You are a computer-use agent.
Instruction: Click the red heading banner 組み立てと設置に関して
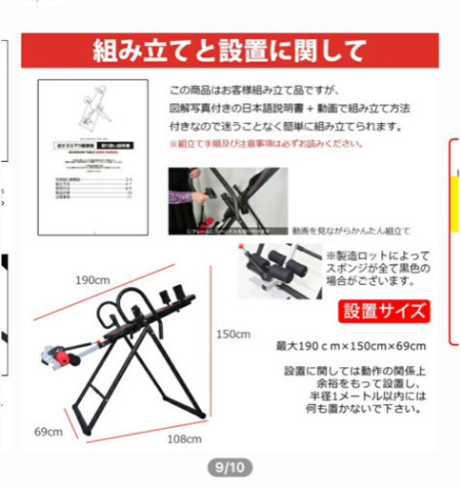[230, 50]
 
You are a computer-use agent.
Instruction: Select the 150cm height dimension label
[232, 335]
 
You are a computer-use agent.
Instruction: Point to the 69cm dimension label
[48, 432]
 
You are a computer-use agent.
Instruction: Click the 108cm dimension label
[184, 439]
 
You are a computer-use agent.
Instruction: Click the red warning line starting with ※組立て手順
[267, 144]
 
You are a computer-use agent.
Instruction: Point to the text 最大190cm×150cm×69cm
[351, 345]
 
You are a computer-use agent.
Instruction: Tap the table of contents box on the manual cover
[94, 191]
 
